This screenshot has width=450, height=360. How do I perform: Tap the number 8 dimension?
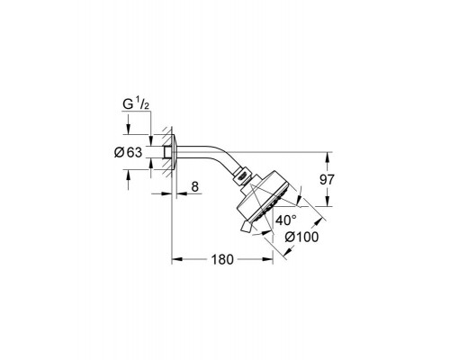point(194,186)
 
